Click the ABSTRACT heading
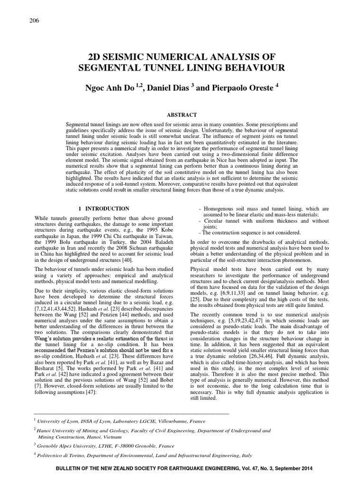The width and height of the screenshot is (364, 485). pyautogui.click(x=182, y=115)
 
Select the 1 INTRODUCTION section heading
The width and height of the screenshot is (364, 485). pyautogui.click(x=104, y=208)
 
